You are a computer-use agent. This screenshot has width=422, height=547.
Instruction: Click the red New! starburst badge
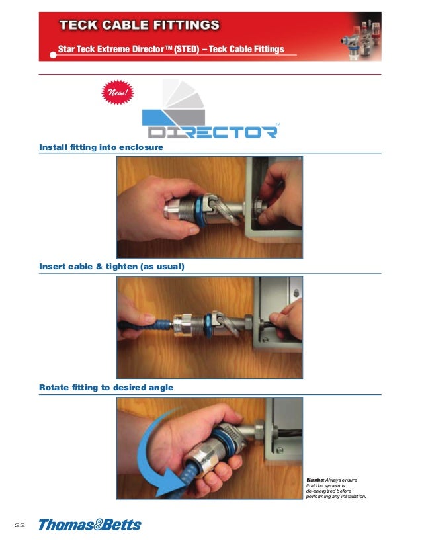[x=118, y=92]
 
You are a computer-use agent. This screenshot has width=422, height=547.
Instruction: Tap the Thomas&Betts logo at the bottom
[x=90, y=525]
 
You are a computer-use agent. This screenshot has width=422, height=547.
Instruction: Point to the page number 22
[x=20, y=525]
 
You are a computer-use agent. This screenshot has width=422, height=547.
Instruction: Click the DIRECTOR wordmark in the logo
[x=213, y=132]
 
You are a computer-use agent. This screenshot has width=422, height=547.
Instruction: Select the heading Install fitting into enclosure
[x=101, y=147]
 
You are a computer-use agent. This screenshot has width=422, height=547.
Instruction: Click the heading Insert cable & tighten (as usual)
[x=112, y=267]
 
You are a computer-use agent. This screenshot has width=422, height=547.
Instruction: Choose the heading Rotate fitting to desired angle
[x=106, y=387]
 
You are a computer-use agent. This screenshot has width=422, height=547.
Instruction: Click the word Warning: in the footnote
[x=316, y=480]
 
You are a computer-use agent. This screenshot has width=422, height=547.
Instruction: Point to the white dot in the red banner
[x=53, y=55]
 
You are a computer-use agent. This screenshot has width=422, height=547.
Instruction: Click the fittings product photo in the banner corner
[x=361, y=39]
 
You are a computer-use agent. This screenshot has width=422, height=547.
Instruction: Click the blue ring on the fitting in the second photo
[x=208, y=325]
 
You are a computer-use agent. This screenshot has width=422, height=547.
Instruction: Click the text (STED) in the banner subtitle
[x=187, y=49]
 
